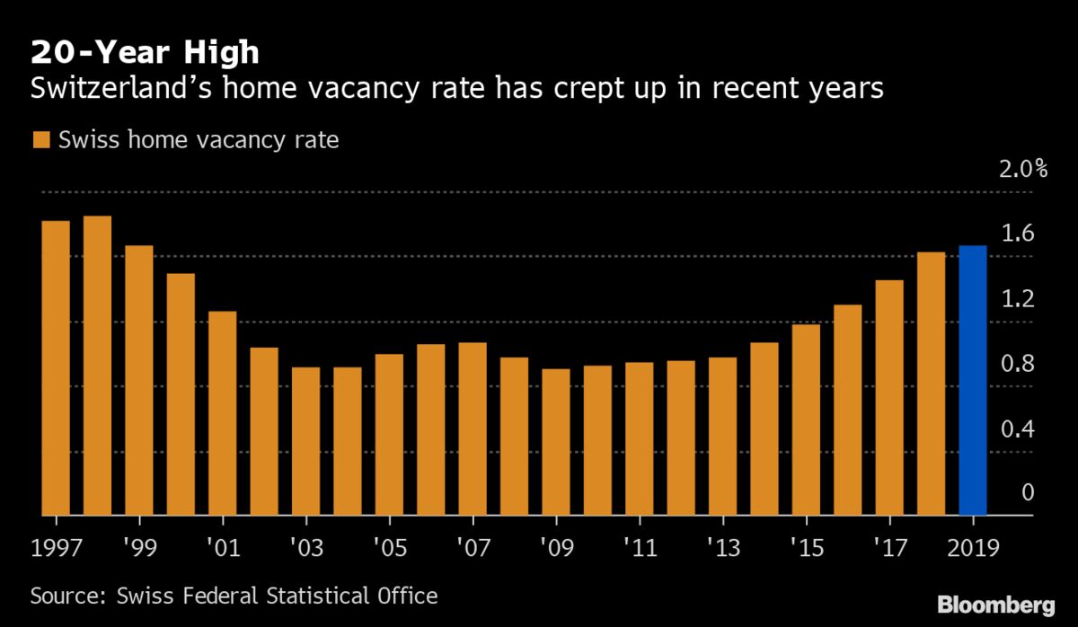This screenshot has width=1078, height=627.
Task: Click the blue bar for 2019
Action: tap(972, 381)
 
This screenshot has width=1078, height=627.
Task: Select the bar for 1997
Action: tap(56, 368)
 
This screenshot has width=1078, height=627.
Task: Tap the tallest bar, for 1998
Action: tap(97, 366)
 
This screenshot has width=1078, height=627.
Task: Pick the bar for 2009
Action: tap(556, 442)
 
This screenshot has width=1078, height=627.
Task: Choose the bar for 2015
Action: tap(806, 419)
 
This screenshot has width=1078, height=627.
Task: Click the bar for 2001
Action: tap(222, 413)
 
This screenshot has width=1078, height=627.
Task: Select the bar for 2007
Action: tap(473, 429)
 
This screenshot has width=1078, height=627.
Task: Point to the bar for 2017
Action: tap(889, 398)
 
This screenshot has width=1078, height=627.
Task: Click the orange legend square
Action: tap(41, 140)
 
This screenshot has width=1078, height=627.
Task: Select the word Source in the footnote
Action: tap(63, 596)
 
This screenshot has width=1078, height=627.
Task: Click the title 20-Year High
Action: tap(145, 52)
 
